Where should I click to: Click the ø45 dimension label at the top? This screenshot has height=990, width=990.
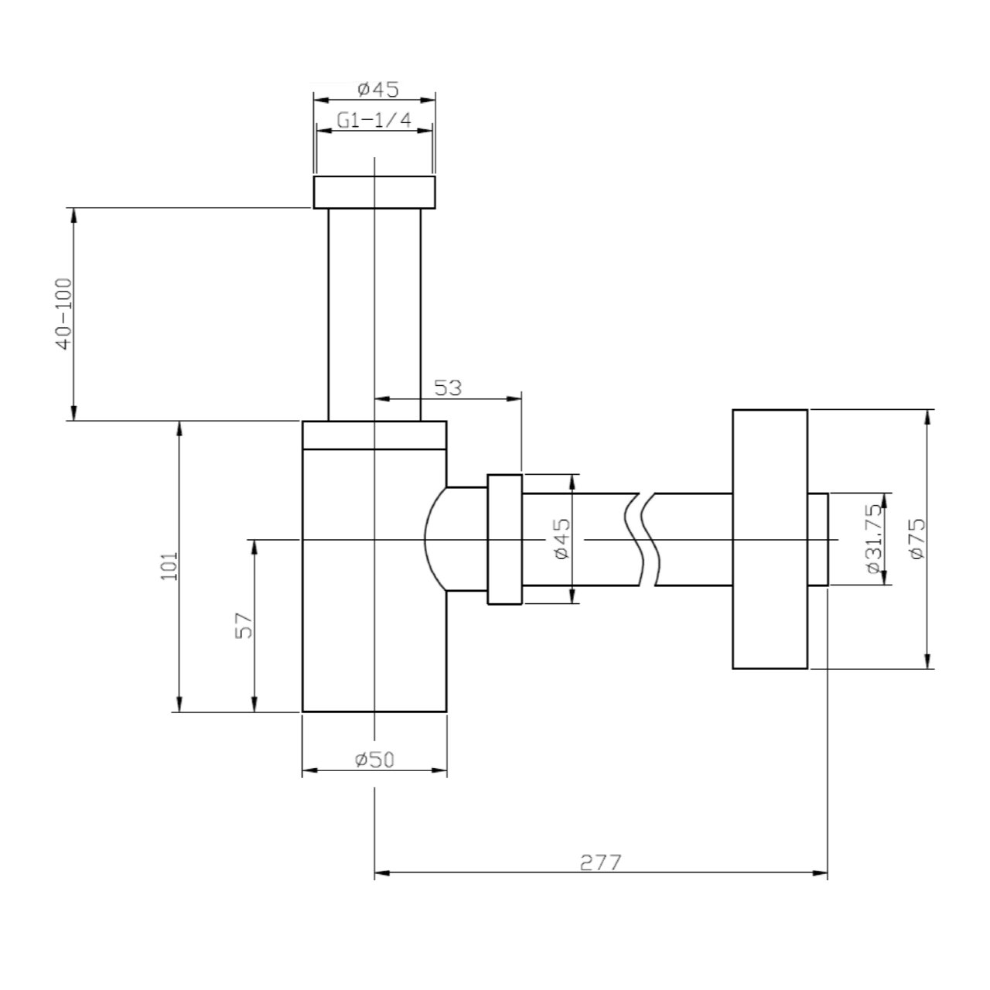pyautogui.click(x=377, y=90)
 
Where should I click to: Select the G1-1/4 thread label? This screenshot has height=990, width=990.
pyautogui.click(x=374, y=120)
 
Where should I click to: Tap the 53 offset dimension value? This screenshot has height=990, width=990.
pyautogui.click(x=447, y=388)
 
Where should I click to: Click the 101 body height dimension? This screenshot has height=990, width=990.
pyautogui.click(x=170, y=565)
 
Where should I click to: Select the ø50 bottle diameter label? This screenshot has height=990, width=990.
pyautogui.click(x=374, y=760)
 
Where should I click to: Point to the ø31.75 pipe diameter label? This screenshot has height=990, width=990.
pyautogui.click(x=873, y=538)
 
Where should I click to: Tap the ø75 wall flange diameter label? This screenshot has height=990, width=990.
pyautogui.click(x=917, y=538)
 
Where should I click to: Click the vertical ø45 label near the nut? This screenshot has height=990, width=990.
pyautogui.click(x=562, y=538)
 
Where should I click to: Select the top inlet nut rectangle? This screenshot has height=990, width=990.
pyautogui.click(x=374, y=193)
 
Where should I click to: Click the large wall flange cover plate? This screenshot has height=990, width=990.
pyautogui.click(x=770, y=538)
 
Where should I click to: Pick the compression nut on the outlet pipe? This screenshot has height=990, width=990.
pyautogui.click(x=504, y=539)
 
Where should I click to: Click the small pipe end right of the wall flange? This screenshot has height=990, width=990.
pyautogui.click(x=818, y=538)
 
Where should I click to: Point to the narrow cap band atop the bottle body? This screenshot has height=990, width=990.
pyautogui.click(x=374, y=435)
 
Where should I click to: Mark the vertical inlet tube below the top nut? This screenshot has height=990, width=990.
pyautogui.click(x=374, y=313)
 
